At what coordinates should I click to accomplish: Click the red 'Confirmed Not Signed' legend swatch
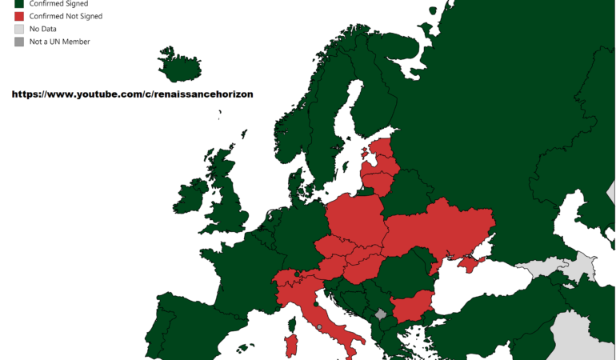(19, 16)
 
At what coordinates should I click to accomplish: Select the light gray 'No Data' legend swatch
(19, 29)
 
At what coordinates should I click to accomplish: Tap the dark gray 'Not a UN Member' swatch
(19, 42)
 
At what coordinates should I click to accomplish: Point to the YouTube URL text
(132, 94)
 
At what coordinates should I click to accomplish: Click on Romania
(404, 272)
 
